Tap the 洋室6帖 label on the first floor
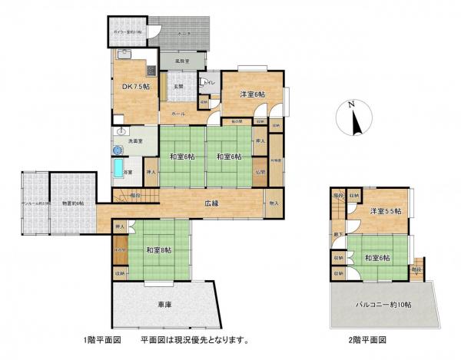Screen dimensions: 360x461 [251, 94]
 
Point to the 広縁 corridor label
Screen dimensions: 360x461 [212, 204]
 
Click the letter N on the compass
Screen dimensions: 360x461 [350, 104]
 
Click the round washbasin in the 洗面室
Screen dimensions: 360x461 [120, 130]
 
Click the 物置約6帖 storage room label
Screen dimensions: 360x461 [74, 203]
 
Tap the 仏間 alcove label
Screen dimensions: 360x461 [260, 172]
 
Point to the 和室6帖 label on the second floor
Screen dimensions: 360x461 [377, 258]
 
